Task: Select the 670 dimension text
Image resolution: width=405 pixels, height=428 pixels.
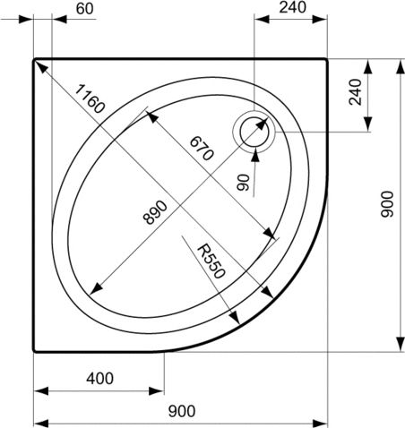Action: [x=201, y=148]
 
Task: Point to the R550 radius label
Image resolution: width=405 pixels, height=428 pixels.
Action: [x=210, y=262]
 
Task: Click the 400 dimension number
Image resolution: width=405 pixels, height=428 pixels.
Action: [x=99, y=378]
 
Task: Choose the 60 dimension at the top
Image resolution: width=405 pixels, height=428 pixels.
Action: [x=85, y=9]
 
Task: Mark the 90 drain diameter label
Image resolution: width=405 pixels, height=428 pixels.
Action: [x=243, y=183]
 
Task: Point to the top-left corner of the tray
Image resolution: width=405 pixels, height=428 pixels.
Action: [x=35, y=60]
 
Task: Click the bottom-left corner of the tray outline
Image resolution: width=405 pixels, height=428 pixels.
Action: [x=35, y=351]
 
